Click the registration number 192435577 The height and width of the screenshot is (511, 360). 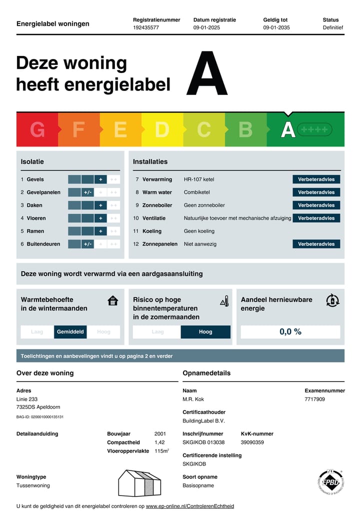(146, 27)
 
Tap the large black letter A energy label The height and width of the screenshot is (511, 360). (207, 73)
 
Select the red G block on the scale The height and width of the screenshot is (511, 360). (37, 129)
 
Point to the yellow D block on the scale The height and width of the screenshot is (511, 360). (161, 129)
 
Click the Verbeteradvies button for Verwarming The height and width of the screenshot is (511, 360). (316, 179)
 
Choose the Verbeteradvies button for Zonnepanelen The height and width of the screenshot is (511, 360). (316, 244)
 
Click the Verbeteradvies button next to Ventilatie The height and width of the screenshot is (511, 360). (316, 218)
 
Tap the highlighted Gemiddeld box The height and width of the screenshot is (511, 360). (70, 331)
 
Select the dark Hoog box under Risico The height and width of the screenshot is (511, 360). (205, 331)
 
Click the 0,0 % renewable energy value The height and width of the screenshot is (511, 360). (290, 331)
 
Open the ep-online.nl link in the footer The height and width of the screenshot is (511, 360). (189, 506)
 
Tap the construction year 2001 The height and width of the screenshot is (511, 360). (160, 434)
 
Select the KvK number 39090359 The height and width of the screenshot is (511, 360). (253, 442)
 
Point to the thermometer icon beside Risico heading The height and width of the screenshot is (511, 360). (224, 300)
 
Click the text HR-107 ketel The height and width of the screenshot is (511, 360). (199, 179)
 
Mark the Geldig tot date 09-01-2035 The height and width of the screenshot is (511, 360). (276, 27)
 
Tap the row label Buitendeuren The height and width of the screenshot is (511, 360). (43, 244)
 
